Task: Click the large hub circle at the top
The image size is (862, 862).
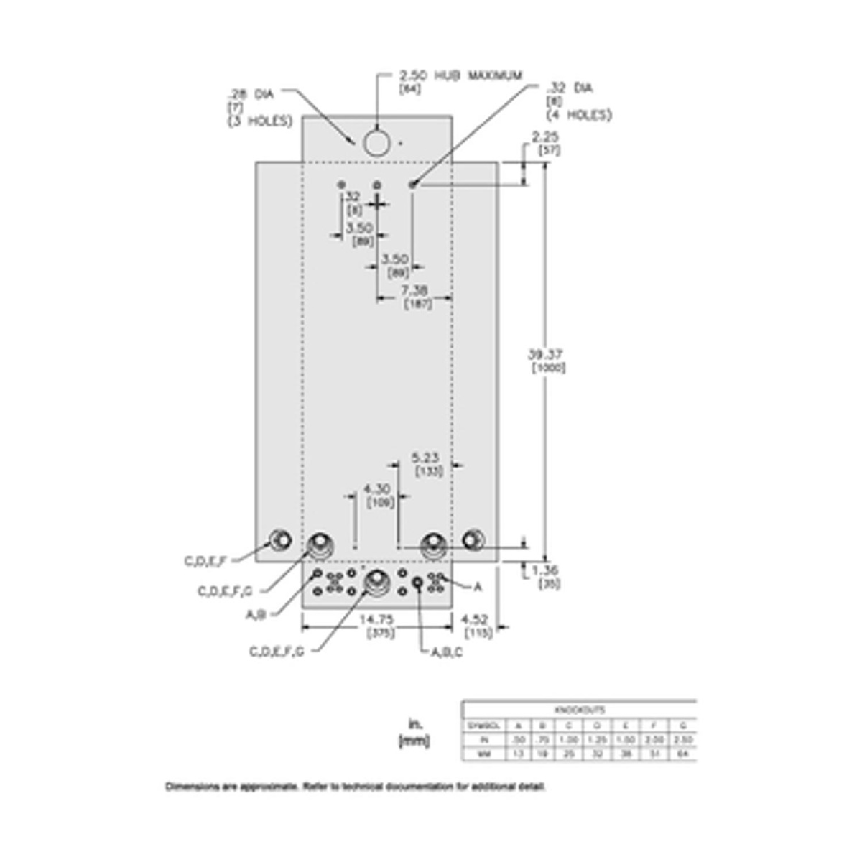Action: (376, 143)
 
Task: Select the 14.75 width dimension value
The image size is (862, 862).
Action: (376, 619)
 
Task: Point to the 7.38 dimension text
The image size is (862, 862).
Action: (414, 290)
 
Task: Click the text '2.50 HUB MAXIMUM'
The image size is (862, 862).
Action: (460, 75)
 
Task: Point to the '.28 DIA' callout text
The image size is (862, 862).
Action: (251, 93)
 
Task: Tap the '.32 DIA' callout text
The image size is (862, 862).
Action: (570, 88)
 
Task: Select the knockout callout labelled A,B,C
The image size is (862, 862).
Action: (447, 652)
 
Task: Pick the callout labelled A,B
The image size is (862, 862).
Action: (256, 614)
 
